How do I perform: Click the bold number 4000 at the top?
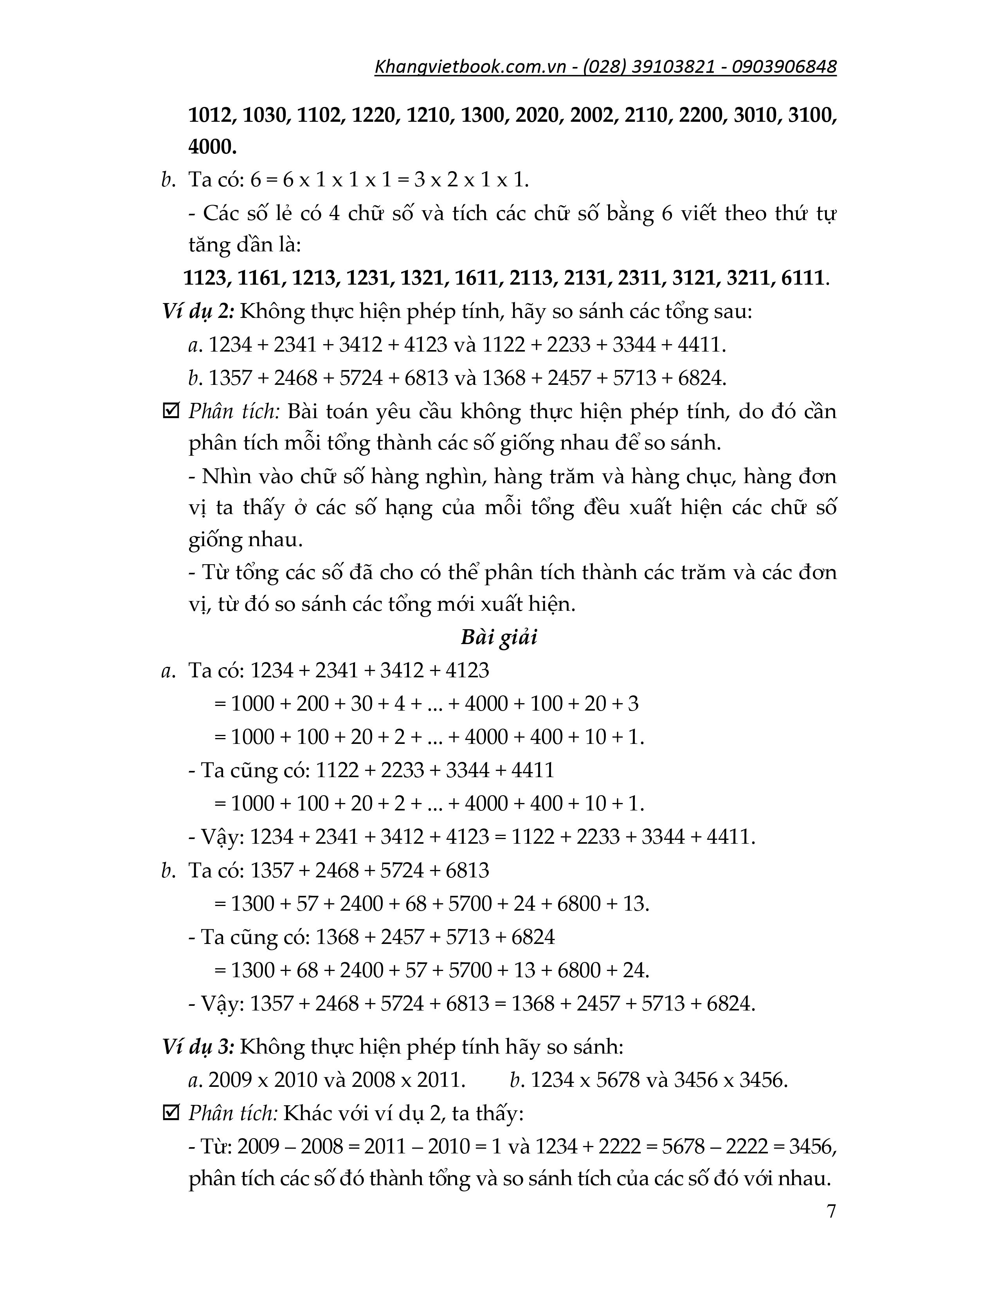tap(212, 147)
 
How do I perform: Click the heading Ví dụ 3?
tap(198, 1047)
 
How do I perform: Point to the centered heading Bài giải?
tap(498, 638)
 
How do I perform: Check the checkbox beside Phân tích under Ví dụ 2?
tap(171, 411)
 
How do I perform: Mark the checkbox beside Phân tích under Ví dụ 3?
tap(171, 1113)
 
